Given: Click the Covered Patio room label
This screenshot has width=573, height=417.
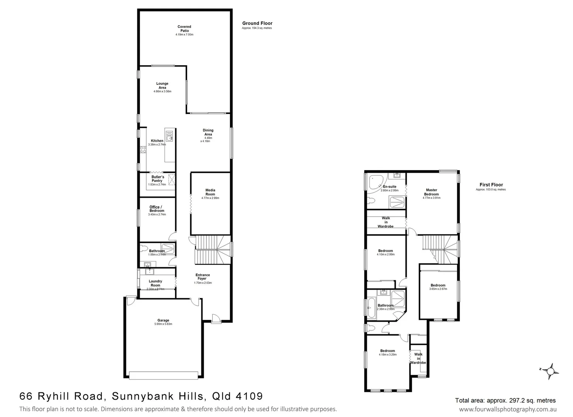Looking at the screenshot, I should (x=184, y=29).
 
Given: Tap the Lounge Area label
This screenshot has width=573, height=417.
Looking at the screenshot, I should (x=162, y=85).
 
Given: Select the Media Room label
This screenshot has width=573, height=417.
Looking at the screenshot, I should (x=210, y=192).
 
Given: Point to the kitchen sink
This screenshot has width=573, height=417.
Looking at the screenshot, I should (x=169, y=136).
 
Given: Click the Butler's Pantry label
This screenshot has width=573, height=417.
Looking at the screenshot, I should (x=157, y=179).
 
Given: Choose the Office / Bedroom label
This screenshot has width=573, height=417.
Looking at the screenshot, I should (x=157, y=209).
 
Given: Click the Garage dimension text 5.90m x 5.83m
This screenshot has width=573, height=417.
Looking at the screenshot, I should (x=163, y=324).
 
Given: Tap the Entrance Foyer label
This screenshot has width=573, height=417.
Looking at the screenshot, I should (x=203, y=277).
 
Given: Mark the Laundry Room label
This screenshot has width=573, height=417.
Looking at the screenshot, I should (x=156, y=283).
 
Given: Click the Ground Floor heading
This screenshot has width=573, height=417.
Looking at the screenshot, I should (x=257, y=23).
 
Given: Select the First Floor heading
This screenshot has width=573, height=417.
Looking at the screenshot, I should (x=491, y=185).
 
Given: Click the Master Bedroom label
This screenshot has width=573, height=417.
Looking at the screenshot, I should (x=431, y=192).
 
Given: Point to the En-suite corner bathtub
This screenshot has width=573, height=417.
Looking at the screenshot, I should (x=375, y=182).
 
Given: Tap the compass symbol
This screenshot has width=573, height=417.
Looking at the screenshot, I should (x=551, y=371).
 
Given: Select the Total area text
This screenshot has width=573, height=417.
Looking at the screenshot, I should (x=505, y=400).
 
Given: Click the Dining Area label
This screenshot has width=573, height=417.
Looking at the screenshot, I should (x=208, y=132).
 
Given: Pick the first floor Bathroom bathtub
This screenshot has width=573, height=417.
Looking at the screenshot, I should (x=371, y=308).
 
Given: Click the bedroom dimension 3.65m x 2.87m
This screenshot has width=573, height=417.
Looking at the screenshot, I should (x=438, y=289).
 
